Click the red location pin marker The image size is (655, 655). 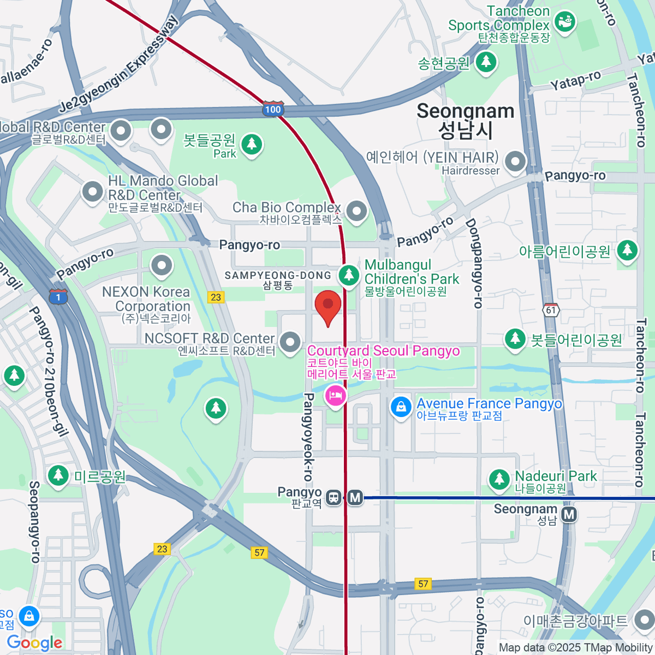[328, 306]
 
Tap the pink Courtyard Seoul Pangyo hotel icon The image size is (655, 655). [335, 395]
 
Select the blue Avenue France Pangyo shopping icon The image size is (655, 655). [401, 407]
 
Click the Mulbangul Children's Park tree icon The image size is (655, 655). [348, 275]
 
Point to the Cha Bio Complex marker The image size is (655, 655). [356, 211]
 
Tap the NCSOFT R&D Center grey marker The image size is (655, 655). [290, 342]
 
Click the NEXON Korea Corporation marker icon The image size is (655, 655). [161, 266]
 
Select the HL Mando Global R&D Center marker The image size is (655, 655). [92, 191]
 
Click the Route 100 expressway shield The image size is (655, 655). [273, 109]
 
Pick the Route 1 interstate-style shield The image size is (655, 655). [58, 297]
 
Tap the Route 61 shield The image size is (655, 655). [551, 310]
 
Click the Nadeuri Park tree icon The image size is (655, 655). [499, 479]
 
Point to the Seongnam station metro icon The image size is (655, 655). [569, 514]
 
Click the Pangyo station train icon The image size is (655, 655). [333, 497]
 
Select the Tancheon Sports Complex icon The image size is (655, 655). [565, 22]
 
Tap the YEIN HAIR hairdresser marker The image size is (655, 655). [515, 161]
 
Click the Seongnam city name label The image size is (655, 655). [466, 121]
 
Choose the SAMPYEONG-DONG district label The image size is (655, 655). [278, 279]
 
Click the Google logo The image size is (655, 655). [34, 642]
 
